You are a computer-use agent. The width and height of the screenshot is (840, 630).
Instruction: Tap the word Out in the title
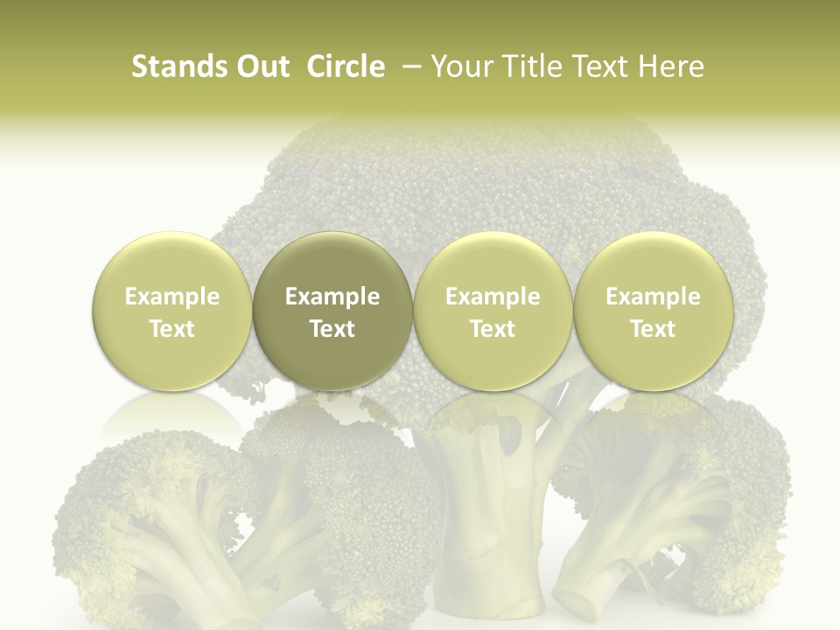[262, 66]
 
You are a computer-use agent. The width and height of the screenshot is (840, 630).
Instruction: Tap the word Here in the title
[672, 66]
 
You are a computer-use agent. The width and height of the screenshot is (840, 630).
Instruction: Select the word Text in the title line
[597, 66]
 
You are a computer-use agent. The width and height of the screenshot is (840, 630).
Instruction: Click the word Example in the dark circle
[332, 297]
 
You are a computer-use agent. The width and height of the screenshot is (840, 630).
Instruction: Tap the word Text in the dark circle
[332, 329]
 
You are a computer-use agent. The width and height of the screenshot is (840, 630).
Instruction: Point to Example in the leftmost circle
[172, 297]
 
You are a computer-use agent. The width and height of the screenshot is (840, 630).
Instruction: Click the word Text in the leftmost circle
[172, 329]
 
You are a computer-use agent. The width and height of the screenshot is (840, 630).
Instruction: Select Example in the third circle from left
[493, 297]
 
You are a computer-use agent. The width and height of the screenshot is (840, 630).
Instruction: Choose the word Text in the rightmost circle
[653, 329]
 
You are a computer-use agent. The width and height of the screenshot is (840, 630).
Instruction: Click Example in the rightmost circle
[653, 297]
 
